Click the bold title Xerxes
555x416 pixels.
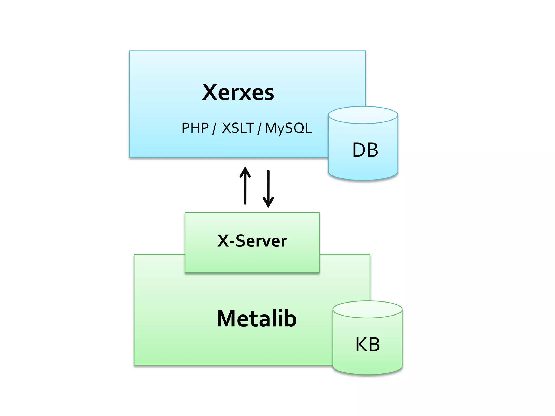pos(238,92)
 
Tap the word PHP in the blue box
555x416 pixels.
pos(195,128)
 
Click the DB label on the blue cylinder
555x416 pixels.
pos(365,150)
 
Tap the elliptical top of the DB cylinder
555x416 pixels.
pos(363,115)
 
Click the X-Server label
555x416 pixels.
pos(252,241)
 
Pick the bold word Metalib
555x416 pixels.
pos(257,319)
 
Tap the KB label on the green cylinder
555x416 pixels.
pos(367,344)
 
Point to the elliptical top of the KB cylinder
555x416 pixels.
pos(367,310)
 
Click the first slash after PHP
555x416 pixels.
pos(214,128)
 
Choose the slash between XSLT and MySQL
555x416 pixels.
pos(259,128)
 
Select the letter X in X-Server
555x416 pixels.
pos(223,241)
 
